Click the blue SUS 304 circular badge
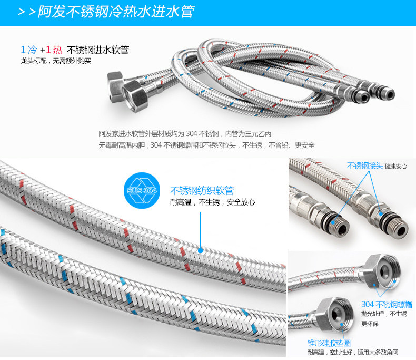coord(142,190)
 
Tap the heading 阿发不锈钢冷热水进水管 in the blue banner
coord(116,12)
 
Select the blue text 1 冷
coord(29,50)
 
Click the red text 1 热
coord(54,50)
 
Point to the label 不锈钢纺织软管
coord(202,191)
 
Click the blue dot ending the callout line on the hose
coord(201,250)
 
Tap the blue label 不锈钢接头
coord(364,166)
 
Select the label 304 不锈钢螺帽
coord(387,304)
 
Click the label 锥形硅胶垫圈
coord(329,343)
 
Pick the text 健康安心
coord(396,166)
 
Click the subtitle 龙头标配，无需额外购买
coord(56,61)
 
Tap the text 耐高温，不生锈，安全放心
coord(213,202)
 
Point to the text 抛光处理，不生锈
coord(384,314)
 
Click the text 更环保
coord(370,324)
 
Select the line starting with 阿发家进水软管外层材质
coord(185,133)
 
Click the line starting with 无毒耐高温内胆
coord(206,145)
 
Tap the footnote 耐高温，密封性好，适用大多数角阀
coord(353,352)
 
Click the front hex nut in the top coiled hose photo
coord(135,96)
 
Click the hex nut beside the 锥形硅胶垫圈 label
coord(335,315)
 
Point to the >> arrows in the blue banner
coord(27,12)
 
